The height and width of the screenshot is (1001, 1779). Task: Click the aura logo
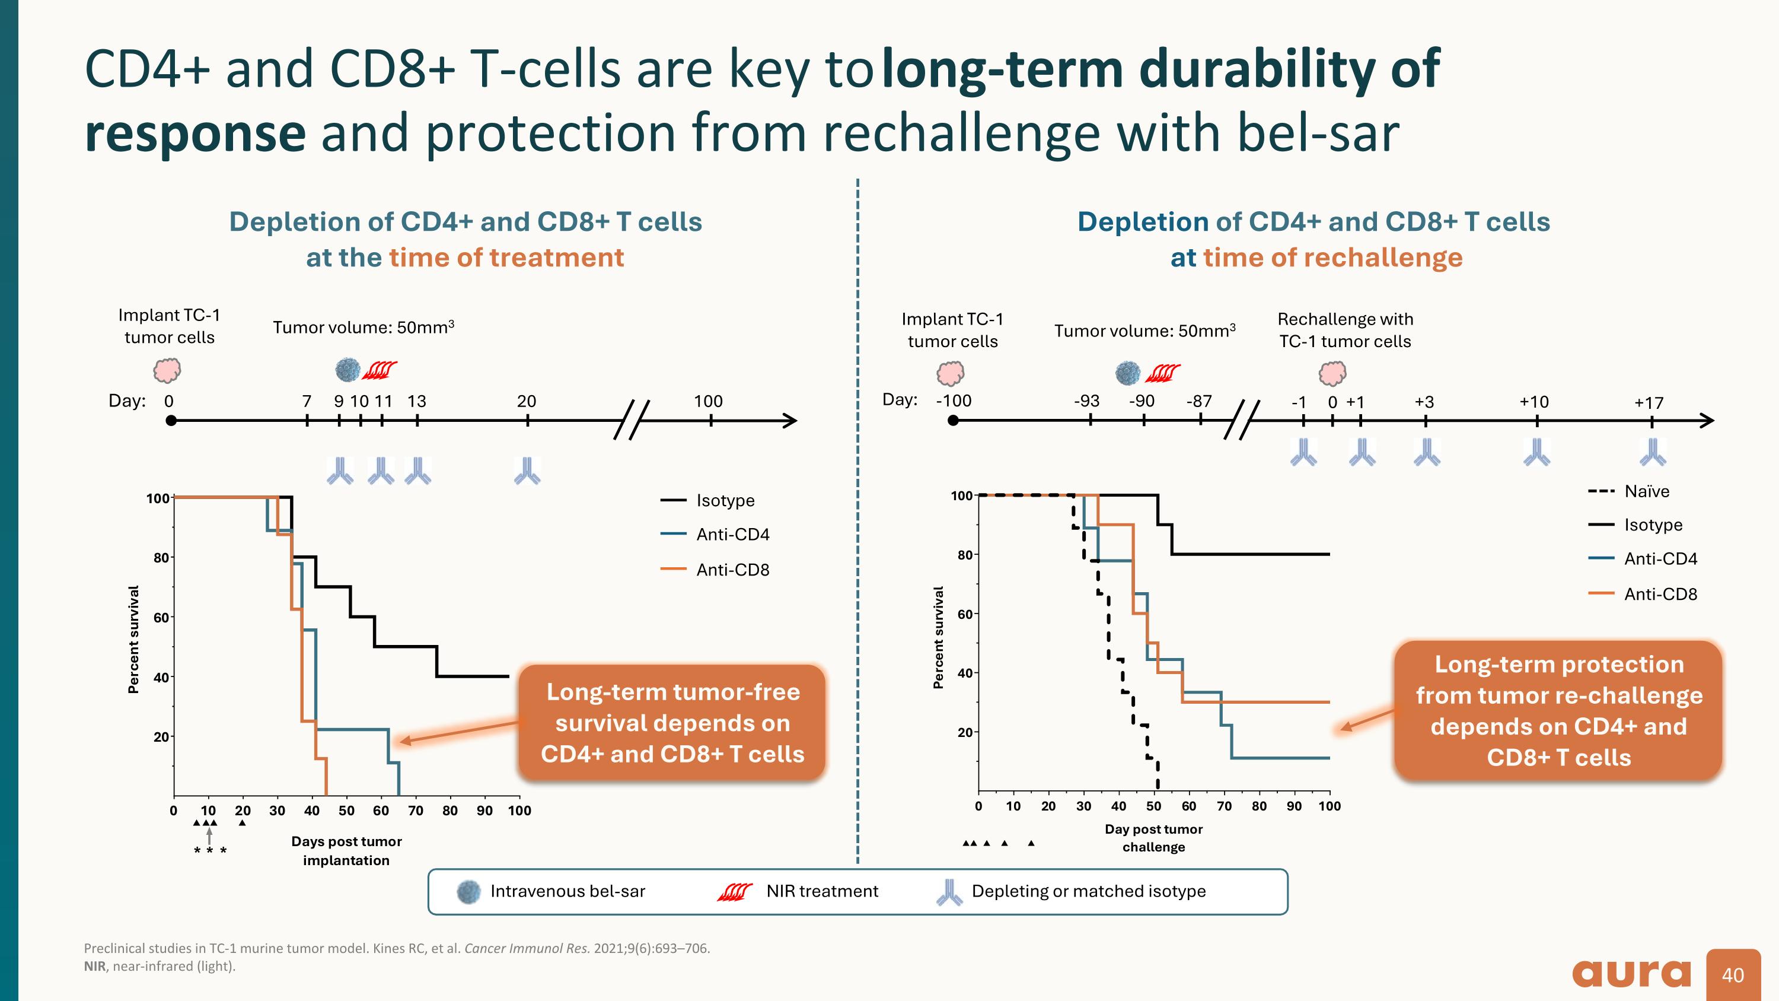click(x=1631, y=974)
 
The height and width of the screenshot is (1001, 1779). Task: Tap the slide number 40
click(x=1733, y=975)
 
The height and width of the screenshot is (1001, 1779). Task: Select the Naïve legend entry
click(x=1646, y=491)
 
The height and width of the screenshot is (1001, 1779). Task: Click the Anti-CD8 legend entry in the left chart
click(x=732, y=570)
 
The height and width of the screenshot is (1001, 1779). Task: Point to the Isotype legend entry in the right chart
click(x=1653, y=525)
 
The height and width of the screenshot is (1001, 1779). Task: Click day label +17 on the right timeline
click(x=1649, y=403)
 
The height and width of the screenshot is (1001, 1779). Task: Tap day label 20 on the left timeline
click(x=526, y=401)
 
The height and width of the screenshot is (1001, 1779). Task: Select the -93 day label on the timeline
click(x=1086, y=401)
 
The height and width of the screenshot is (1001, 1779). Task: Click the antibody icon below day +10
click(x=1536, y=453)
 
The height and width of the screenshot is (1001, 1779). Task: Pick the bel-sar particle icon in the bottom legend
click(x=469, y=891)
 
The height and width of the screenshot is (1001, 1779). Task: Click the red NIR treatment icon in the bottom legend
click(x=734, y=892)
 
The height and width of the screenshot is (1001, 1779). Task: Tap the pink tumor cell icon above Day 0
click(x=167, y=370)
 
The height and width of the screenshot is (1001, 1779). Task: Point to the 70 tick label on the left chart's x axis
click(x=416, y=811)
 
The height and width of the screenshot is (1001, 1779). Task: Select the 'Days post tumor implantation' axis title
click(x=346, y=850)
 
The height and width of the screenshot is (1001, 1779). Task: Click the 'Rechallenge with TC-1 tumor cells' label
click(x=1344, y=331)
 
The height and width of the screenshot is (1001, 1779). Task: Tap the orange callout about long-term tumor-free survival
click(x=672, y=723)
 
